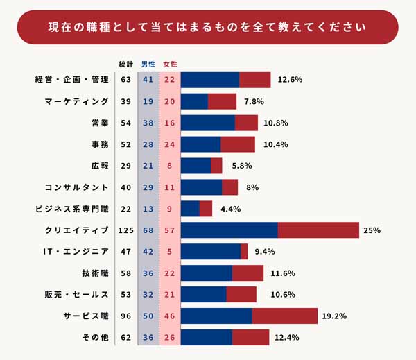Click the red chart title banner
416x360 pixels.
208,27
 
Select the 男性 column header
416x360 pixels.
148,65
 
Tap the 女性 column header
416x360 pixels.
170,65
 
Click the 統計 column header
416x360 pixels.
126,65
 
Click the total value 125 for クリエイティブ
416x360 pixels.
125,230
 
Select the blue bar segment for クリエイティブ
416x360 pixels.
229,230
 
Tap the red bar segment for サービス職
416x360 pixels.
284,316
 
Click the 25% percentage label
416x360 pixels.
372,230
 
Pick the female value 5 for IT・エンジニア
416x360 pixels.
170,252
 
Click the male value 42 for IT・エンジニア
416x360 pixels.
148,252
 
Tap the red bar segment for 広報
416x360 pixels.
216,166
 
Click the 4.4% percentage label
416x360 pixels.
230,209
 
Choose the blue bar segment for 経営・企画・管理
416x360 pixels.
209,80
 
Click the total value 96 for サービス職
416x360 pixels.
125,316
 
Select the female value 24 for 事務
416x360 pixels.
170,144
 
